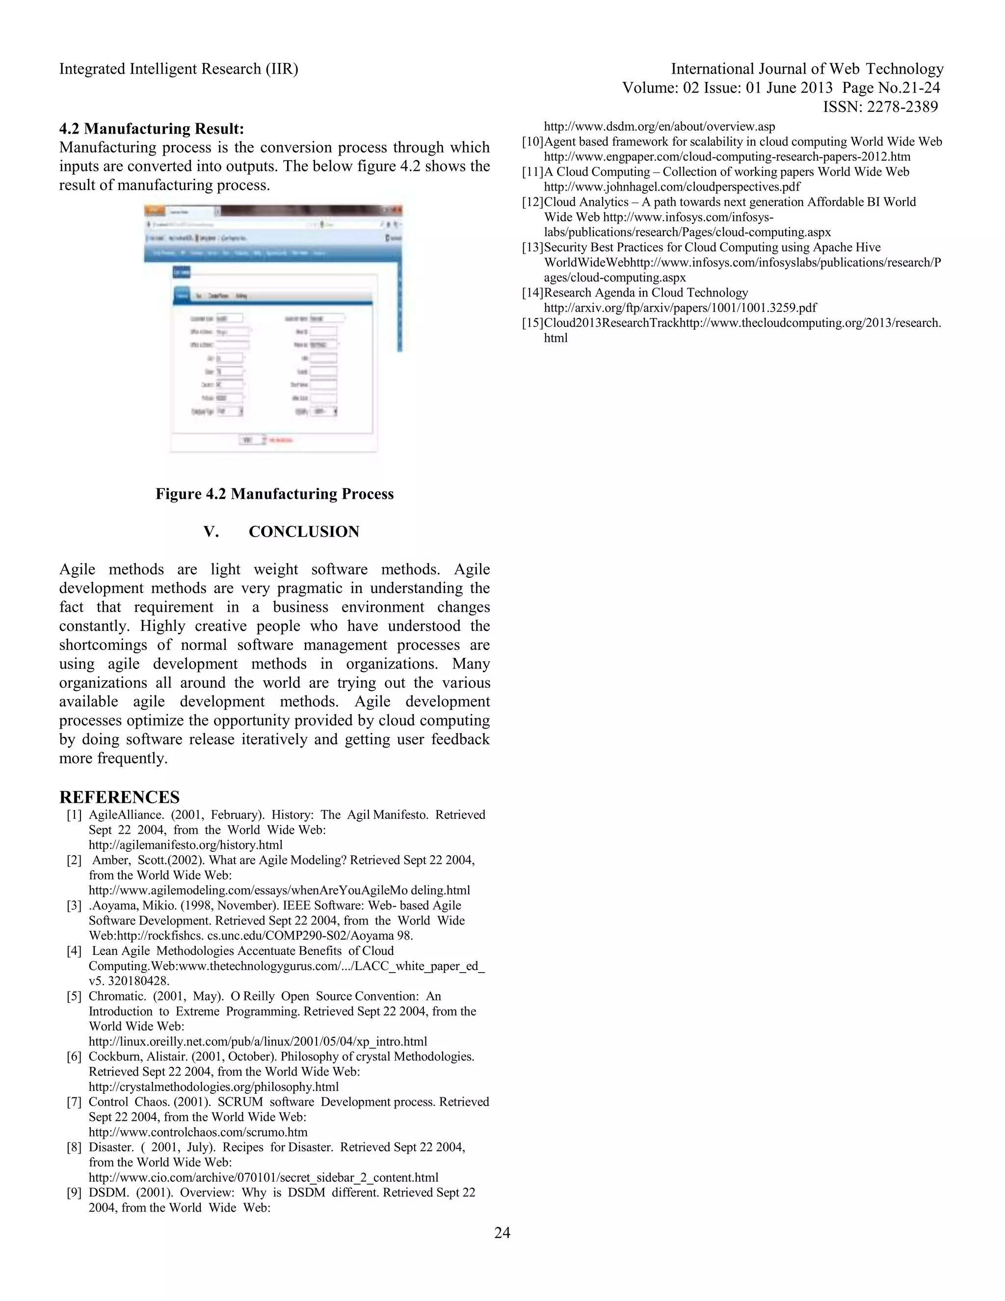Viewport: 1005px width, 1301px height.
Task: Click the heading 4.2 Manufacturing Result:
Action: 151,129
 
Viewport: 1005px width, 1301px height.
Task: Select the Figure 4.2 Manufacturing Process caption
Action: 274,494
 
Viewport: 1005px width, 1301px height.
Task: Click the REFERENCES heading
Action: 119,797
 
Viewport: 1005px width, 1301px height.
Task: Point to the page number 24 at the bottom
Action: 502,1232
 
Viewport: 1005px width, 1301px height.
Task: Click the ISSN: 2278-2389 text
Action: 880,107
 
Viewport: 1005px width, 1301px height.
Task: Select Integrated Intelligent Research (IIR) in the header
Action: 179,69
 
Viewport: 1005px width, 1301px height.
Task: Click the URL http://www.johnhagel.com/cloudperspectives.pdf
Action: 672,187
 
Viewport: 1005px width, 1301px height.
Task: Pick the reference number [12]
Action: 532,202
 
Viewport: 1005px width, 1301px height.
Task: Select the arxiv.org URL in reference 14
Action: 680,307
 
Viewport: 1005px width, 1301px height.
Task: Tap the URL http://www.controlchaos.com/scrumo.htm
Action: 198,1132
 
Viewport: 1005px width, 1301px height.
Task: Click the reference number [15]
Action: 532,323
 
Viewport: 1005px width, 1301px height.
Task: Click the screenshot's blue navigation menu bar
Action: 271,253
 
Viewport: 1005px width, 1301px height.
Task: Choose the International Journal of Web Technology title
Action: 807,69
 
